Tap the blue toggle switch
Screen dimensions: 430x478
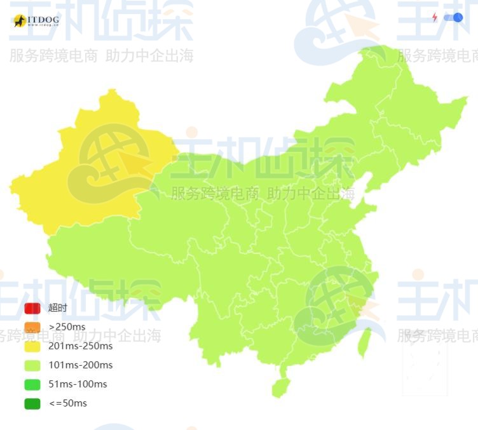(453, 18)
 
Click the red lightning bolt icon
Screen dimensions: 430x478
(435, 18)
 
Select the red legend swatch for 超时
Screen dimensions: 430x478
(32, 308)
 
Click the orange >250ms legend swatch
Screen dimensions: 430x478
(32, 327)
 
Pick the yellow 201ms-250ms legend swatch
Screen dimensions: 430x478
(32, 346)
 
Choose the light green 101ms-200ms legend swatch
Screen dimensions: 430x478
(32, 365)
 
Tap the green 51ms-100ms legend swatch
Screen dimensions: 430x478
(32, 384)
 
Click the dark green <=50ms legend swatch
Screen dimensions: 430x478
(32, 403)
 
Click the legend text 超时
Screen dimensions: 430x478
(57, 308)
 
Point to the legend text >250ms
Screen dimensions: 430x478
(67, 327)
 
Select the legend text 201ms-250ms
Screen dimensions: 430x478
(80, 346)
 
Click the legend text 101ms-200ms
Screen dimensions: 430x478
(80, 365)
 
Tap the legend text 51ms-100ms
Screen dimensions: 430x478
(78, 384)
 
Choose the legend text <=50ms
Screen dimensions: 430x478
(67, 403)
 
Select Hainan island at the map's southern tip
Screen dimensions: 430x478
(280, 386)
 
